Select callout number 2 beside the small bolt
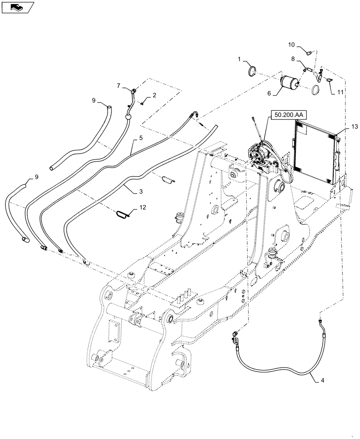tap(154, 96)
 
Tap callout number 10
tap(292, 45)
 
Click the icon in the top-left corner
tap(18, 7)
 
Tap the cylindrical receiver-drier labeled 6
tap(289, 82)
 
